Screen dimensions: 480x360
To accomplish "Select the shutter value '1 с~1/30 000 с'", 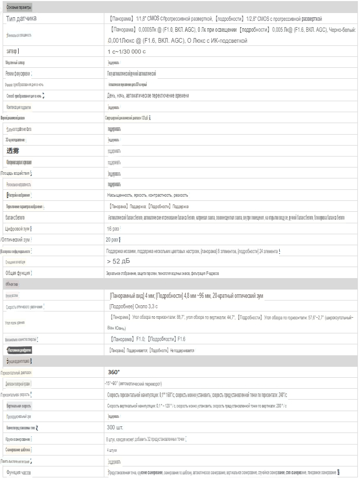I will [127, 52].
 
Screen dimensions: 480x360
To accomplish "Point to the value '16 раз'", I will [113, 229].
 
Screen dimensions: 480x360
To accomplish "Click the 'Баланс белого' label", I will [15, 217].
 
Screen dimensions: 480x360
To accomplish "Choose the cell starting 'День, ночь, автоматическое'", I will [148, 95].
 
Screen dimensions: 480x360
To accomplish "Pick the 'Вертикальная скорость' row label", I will [20, 405].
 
